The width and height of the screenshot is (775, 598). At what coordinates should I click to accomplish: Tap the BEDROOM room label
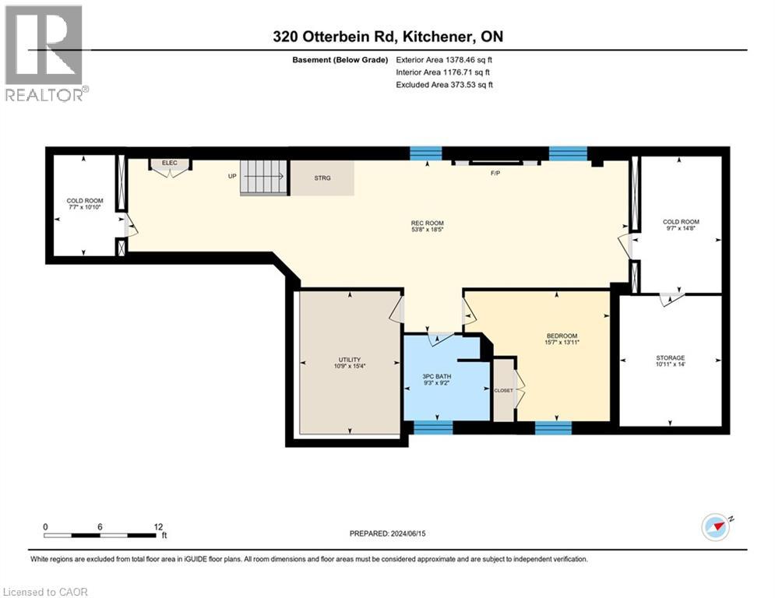(562, 336)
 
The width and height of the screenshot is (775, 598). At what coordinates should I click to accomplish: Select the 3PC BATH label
(436, 377)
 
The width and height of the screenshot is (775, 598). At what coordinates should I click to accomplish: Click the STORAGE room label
(670, 358)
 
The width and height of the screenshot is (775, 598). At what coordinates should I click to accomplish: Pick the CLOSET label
(504, 390)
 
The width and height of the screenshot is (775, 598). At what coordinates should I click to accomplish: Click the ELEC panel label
(170, 163)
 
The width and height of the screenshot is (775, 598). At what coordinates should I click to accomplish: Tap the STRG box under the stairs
(322, 178)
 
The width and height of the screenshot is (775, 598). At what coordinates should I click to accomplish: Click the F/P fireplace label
(495, 173)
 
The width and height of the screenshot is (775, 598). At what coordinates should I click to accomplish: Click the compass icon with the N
(717, 527)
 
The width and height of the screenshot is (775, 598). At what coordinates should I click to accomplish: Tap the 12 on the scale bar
(159, 526)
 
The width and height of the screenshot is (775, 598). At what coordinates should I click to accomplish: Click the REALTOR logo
(44, 52)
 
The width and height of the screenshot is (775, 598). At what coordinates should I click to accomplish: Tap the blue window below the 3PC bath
(432, 427)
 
